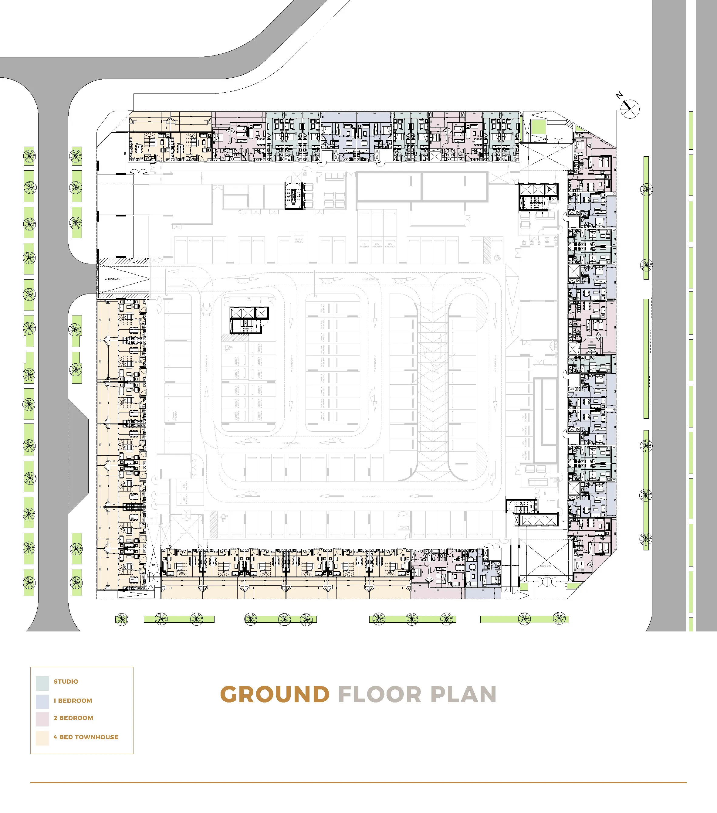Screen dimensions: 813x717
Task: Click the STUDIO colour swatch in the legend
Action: coord(42,683)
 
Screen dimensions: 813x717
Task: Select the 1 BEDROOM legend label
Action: coord(73,700)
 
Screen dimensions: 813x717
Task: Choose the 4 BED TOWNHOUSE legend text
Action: coord(86,737)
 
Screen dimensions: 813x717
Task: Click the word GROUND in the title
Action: coord(275,695)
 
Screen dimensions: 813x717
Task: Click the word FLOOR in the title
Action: coord(380,695)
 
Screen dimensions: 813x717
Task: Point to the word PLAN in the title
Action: coord(463,695)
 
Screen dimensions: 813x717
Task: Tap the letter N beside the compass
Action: coord(619,95)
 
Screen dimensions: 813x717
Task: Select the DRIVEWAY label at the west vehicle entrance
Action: coord(113,279)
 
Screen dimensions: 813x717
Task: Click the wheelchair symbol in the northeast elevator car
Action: coord(550,189)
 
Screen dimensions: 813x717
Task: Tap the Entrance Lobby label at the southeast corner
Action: coord(545,566)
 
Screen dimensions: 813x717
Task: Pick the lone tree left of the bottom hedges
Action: coord(122,619)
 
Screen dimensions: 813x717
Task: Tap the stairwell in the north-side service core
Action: coord(294,195)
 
